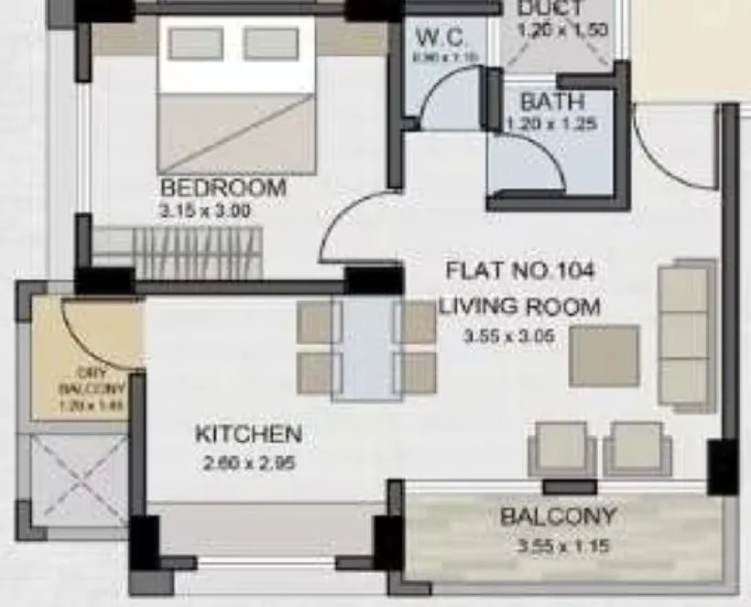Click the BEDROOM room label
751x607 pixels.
223,188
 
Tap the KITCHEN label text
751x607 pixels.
248,434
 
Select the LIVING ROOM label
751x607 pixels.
519,306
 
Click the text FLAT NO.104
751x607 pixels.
520,271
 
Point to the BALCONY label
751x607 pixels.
558,517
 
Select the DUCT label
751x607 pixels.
549,9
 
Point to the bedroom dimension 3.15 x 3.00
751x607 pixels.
205,211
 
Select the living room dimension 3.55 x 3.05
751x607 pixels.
510,336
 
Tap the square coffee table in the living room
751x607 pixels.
604,355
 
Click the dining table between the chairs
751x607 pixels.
366,348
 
